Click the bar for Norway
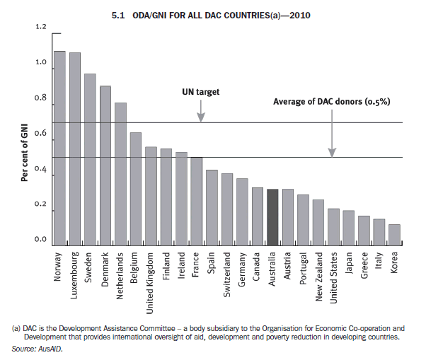pos(59,148)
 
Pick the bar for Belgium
pos(135,188)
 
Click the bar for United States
pos(333,226)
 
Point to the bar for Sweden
pos(90,159)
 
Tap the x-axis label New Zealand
pos(318,276)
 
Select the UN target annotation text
pos(201,92)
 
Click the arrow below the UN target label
pos(201,110)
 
